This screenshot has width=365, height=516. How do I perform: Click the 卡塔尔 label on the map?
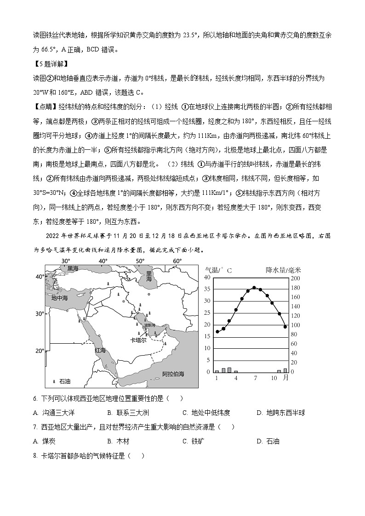[x=138, y=340]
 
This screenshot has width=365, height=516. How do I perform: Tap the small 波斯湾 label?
[x=150, y=325]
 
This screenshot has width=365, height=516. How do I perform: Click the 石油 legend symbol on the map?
[x=55, y=381]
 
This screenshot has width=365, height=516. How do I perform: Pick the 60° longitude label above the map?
[x=177, y=261]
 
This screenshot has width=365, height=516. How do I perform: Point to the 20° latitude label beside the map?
[x=40, y=351]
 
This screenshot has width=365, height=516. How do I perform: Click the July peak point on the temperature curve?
[x=254, y=288]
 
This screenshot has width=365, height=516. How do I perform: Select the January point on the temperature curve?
[x=217, y=331]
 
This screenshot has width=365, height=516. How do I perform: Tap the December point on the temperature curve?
[x=285, y=327]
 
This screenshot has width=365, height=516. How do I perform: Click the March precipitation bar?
[x=229, y=370]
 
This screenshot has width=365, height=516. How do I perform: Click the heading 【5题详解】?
[x=50, y=63]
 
